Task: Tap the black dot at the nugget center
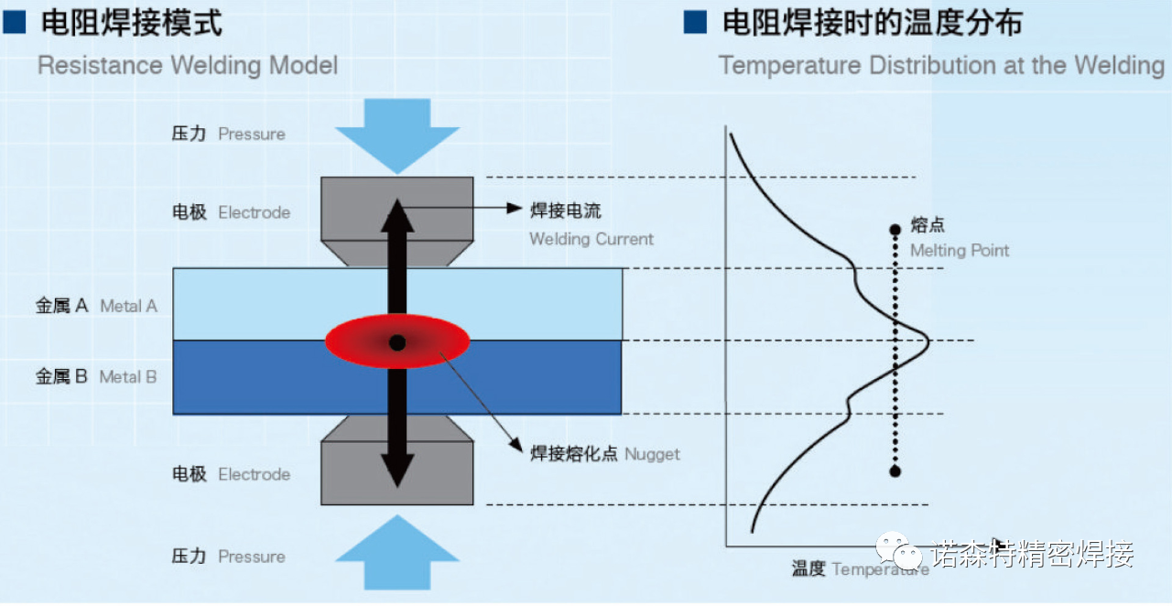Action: point(397,342)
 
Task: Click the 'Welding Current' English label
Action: point(591,239)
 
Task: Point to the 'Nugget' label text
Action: point(652,454)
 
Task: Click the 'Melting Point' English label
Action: point(960,251)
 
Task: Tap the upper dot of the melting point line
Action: point(895,230)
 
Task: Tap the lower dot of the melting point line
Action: point(895,471)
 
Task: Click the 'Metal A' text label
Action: point(129,306)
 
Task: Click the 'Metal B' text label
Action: point(128,377)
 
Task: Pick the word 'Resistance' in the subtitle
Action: point(101,66)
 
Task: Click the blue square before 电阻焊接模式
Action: point(14,23)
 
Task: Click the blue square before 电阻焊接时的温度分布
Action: point(695,23)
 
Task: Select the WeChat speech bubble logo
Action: point(899,550)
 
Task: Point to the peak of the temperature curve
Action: point(928,341)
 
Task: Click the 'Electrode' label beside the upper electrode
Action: point(255,212)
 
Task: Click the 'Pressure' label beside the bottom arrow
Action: point(252,557)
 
